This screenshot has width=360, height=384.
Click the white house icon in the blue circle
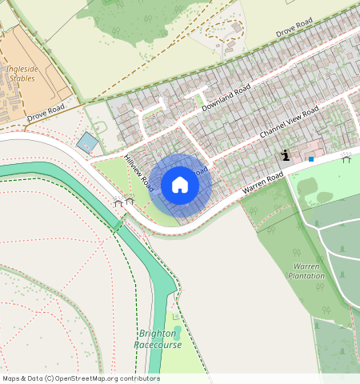(180, 185)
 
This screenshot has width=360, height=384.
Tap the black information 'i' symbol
(286, 155)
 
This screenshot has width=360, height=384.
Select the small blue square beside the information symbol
(311, 159)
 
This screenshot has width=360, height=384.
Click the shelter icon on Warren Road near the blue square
(346, 157)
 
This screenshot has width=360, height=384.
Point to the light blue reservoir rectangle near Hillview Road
(87, 143)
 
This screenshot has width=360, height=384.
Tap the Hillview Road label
(138, 171)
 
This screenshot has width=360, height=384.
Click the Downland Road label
(226, 97)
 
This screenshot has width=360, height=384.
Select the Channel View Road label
(289, 119)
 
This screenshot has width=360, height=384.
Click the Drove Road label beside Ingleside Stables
(45, 113)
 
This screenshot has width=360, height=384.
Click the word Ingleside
(22, 69)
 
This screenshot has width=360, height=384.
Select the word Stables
(22, 79)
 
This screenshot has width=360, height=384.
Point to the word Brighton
(158, 334)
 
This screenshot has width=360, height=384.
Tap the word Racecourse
(158, 345)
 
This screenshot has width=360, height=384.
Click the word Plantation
(306, 276)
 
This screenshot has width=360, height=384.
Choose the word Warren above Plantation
(306, 266)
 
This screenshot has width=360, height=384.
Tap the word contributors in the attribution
(139, 378)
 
